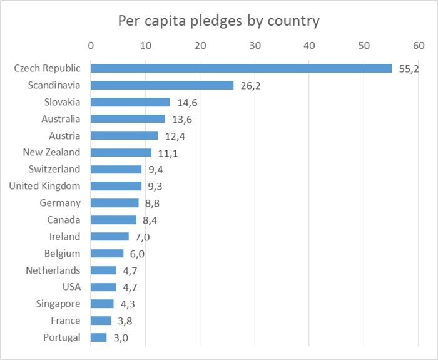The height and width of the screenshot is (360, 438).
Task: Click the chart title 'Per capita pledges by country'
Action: pos(218,21)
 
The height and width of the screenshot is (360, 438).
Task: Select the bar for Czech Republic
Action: pos(241,68)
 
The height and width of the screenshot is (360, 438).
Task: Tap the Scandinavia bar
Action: pos(162,85)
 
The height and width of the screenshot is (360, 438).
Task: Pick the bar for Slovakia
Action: pos(130,102)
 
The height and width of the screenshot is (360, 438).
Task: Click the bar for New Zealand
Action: pos(121,152)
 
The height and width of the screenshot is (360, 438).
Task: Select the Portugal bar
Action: pos(99,337)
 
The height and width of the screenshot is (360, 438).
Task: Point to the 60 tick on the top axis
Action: pos(419,45)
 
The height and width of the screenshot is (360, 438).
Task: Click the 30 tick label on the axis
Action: pos(255,45)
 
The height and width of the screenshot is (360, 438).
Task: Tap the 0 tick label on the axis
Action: pos(91,45)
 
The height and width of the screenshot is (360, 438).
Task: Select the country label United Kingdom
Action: pos(44,186)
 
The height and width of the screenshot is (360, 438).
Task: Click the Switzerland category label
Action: pos(54,169)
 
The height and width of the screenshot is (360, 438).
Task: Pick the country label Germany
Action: pos(60,203)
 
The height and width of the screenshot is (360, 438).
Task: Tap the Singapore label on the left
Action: pos(58,304)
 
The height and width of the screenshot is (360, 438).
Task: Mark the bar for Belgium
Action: pos(107,254)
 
